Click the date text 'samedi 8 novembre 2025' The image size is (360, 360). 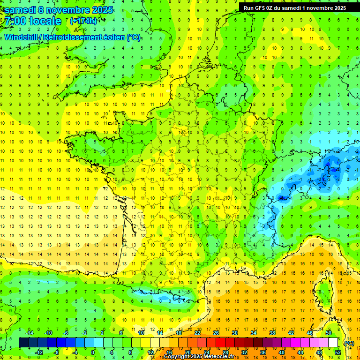58,9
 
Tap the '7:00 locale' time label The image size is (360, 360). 33,21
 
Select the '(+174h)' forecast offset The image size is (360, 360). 83,21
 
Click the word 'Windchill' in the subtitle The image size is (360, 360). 22,37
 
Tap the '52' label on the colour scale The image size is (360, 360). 337,352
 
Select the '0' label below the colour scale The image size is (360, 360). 93,352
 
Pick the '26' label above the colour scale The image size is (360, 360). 216,333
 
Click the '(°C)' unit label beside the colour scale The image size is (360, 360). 349,343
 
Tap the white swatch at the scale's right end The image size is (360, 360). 333,343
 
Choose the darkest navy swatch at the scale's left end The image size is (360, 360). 23,343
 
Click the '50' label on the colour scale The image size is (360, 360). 328,333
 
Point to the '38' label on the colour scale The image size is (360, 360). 272,333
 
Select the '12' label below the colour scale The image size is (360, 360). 150,352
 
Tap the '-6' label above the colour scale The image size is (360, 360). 66,333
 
